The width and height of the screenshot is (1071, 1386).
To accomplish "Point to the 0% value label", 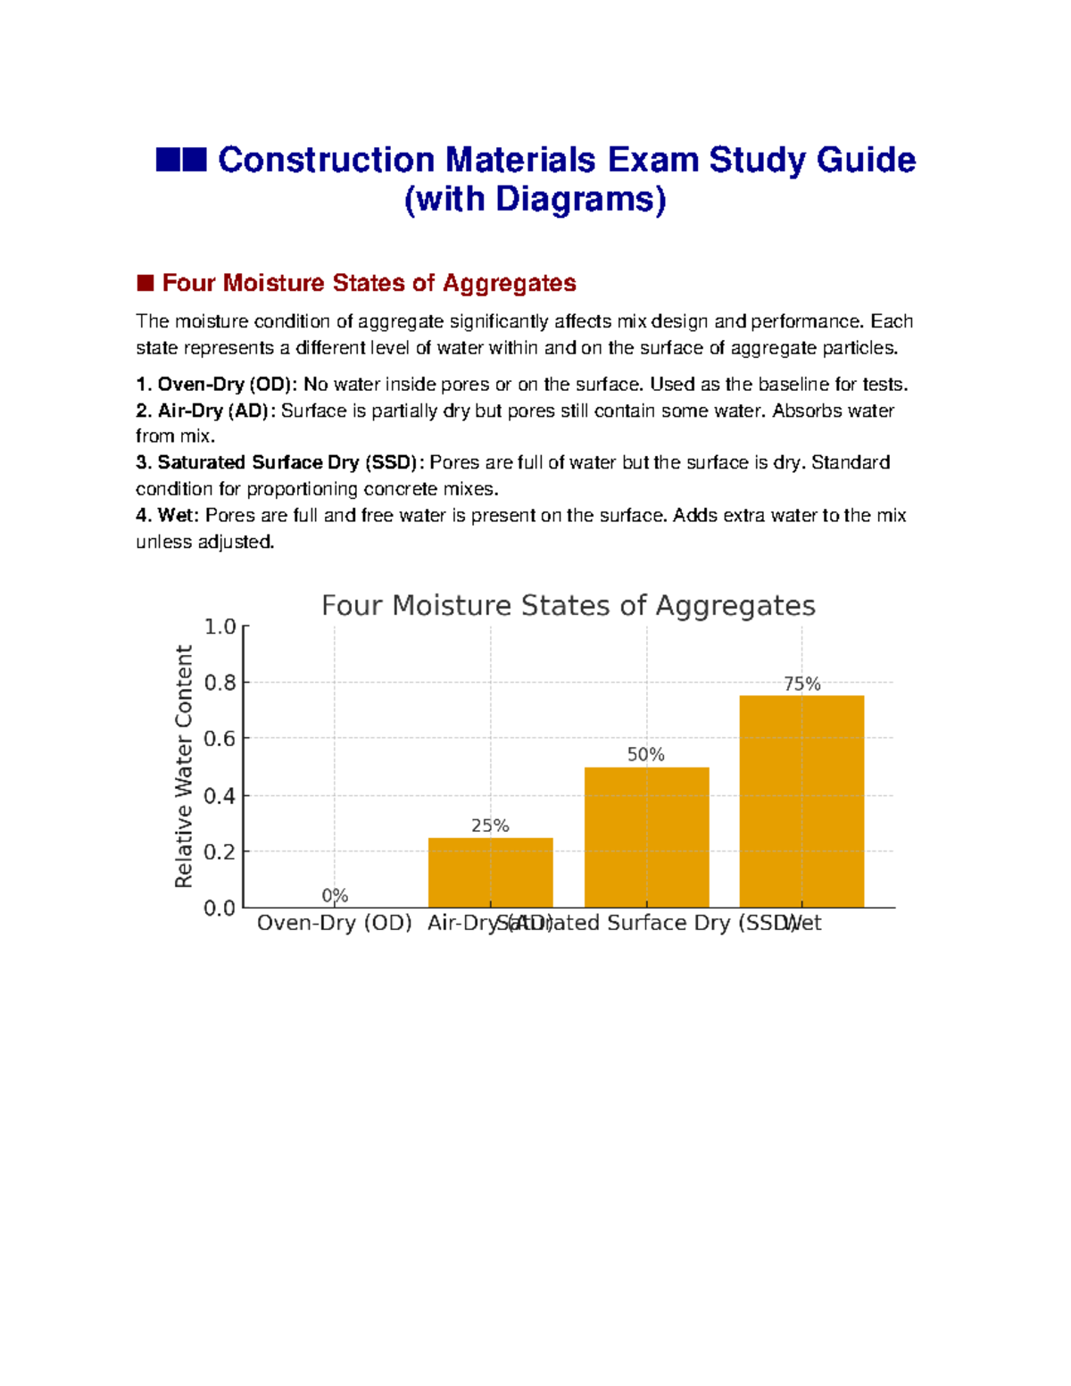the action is coord(335,895).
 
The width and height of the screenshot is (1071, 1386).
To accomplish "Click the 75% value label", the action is coord(801,684).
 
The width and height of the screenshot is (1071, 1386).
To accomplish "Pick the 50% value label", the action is coord(645,754).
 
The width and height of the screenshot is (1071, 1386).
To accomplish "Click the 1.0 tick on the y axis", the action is coord(220,627).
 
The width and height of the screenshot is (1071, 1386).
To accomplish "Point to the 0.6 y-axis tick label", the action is coord(220,739).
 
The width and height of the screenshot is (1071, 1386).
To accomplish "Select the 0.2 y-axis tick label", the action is coord(220,851).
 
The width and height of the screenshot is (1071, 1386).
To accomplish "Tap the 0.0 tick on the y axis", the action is coord(220,908).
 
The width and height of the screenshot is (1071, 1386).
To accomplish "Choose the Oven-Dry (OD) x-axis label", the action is coord(334,923).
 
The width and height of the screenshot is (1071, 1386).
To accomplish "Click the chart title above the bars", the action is coord(568,605).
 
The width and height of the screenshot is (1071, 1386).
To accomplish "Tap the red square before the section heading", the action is coord(145,283).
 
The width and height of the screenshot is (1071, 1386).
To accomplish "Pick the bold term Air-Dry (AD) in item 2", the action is coord(212,411).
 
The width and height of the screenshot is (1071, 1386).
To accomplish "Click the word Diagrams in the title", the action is coord(575,198).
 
